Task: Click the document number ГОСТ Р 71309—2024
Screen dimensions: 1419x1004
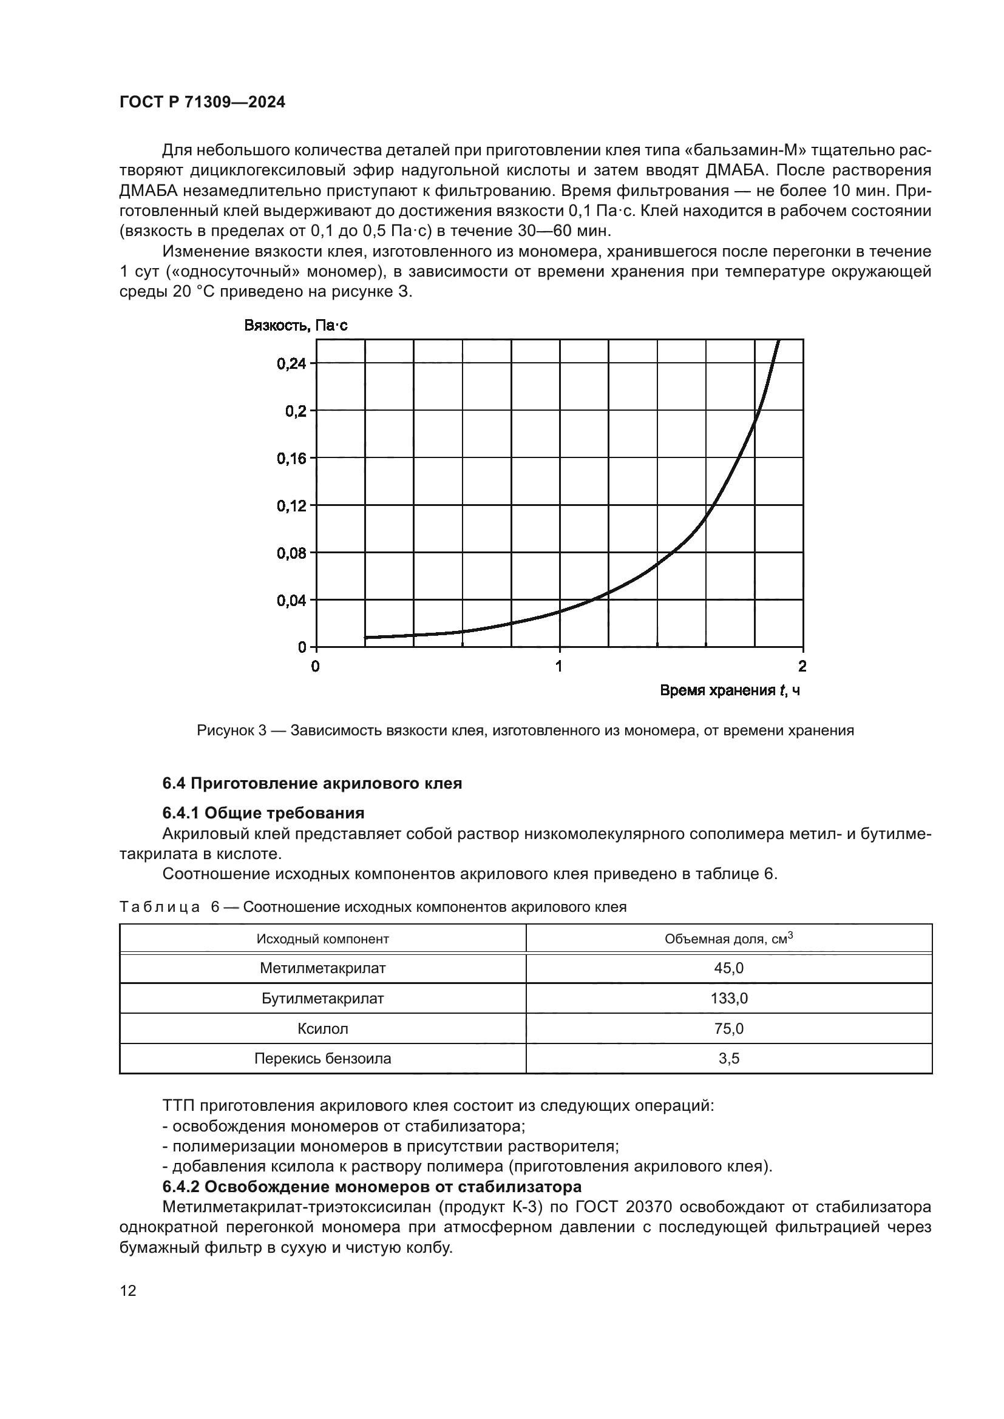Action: (x=202, y=103)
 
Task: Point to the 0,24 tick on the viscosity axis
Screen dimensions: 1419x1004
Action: (x=291, y=363)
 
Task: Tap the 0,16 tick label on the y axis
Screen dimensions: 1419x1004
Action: (x=291, y=459)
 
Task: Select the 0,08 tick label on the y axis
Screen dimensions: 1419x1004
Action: (x=291, y=553)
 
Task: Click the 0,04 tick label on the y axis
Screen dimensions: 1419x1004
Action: (x=291, y=600)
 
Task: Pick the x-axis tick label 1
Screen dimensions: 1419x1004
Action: (x=559, y=666)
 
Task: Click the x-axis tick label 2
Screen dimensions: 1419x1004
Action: (x=802, y=666)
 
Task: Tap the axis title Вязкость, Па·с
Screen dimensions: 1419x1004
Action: (x=296, y=326)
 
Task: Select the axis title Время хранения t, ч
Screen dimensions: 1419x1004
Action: (x=730, y=690)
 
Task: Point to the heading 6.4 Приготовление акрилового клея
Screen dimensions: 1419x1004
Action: (x=312, y=784)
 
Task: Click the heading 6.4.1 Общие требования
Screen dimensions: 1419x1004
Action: (x=263, y=813)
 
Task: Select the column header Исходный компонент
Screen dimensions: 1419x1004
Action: (x=323, y=939)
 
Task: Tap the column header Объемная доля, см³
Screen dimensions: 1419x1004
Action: (x=728, y=939)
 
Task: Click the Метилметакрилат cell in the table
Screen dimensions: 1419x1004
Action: (x=323, y=968)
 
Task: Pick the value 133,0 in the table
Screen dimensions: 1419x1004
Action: (x=729, y=999)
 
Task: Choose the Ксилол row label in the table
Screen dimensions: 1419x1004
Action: (x=323, y=1029)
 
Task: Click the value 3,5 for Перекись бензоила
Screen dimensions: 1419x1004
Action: (x=729, y=1059)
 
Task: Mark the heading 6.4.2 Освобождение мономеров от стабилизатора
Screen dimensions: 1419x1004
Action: (x=371, y=1187)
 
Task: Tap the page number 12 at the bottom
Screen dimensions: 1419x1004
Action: (x=128, y=1290)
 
